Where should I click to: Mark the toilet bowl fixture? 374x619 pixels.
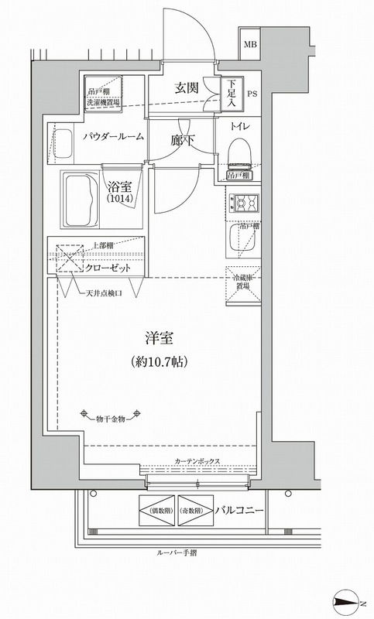coord(241,150)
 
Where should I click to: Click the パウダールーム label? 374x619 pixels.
coord(112,136)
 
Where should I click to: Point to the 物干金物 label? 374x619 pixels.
coord(110,419)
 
